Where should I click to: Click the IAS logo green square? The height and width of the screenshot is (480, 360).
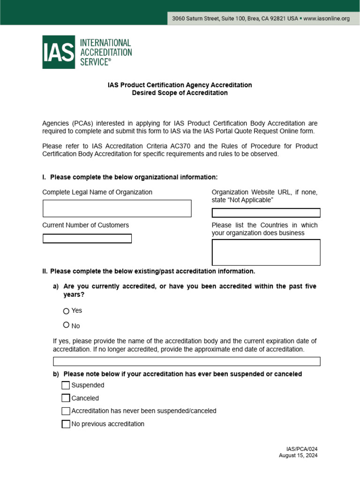click(59, 52)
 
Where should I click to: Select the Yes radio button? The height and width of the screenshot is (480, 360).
click(66, 311)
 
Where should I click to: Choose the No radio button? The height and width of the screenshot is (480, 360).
click(66, 325)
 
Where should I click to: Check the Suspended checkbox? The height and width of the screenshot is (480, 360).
click(66, 385)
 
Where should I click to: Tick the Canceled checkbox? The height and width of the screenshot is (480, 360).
click(66, 398)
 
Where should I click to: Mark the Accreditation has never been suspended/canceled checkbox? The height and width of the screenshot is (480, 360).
click(66, 411)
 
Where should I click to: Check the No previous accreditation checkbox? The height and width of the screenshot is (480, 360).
click(66, 424)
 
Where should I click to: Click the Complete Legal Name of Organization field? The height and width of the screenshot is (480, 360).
click(117, 209)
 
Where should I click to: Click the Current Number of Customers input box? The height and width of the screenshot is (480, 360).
click(87, 239)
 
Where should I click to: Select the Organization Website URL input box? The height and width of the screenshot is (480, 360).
click(266, 213)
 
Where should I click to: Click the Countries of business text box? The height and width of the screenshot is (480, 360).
click(266, 253)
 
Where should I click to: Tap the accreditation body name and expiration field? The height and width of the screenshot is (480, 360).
click(187, 361)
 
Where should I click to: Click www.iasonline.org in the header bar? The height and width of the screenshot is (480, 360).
click(327, 19)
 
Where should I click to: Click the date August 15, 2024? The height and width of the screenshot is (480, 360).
click(298, 456)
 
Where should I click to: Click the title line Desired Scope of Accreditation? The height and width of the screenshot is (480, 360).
click(180, 93)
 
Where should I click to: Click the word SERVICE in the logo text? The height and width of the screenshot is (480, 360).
click(94, 61)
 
